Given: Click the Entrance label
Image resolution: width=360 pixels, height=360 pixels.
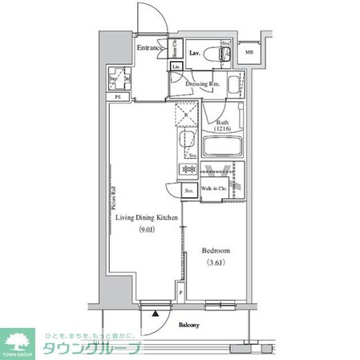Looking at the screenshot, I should [x=150, y=49].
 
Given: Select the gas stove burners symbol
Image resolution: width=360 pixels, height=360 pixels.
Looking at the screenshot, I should [x=189, y=170].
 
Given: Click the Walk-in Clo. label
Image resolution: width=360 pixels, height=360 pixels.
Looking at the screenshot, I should [x=212, y=190].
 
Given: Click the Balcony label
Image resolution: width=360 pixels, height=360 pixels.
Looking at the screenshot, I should [x=189, y=326].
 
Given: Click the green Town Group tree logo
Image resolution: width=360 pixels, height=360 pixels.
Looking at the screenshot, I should [x=18, y=339].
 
